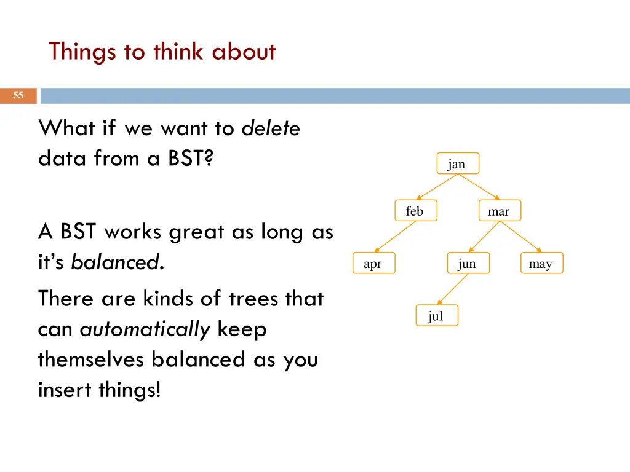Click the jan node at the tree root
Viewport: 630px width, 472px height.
(x=458, y=163)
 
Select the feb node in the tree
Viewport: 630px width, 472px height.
(x=416, y=210)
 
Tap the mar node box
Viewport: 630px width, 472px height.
(x=500, y=210)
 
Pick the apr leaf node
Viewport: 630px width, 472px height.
(x=373, y=263)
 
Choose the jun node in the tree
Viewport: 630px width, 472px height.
(x=468, y=263)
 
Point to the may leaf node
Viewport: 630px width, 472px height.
(x=541, y=263)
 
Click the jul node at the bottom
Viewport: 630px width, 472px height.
(x=437, y=315)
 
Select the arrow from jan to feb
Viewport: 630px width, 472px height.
(x=437, y=187)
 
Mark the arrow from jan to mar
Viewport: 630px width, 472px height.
(x=479, y=187)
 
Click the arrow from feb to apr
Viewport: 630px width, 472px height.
(x=395, y=237)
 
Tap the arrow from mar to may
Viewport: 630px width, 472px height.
(x=520, y=237)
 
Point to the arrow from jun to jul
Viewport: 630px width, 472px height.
(x=453, y=289)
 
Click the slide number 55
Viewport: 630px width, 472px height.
(x=18, y=95)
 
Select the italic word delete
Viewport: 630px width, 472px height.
(x=271, y=128)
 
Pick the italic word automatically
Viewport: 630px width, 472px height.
(x=145, y=330)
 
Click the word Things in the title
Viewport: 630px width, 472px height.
(x=82, y=53)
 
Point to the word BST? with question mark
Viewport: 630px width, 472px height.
(x=191, y=158)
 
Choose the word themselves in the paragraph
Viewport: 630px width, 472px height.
(x=91, y=359)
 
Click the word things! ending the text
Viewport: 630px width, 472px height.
(x=130, y=390)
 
